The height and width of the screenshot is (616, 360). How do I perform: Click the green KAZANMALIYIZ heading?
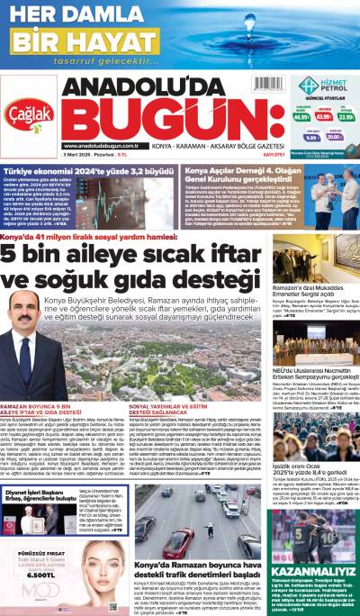(x=314, y=547)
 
